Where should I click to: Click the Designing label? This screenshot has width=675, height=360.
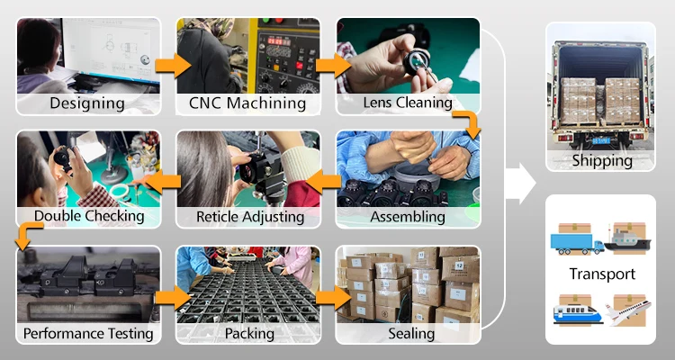[x=87, y=103]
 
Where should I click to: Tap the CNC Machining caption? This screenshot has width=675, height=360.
[x=247, y=103]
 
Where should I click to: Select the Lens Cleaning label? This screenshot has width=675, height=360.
[x=407, y=103]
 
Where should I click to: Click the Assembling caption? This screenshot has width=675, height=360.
[x=408, y=216]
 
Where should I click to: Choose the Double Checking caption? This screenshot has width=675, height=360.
[x=88, y=216]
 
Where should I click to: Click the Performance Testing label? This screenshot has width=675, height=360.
[x=88, y=334]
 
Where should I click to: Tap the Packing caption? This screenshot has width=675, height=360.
[x=247, y=334]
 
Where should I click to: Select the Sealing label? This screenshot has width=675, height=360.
[x=408, y=334]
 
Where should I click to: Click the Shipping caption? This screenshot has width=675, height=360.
[x=601, y=161]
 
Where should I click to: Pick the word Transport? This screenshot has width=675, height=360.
[x=601, y=274]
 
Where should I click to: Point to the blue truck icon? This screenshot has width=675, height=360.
[x=576, y=241]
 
